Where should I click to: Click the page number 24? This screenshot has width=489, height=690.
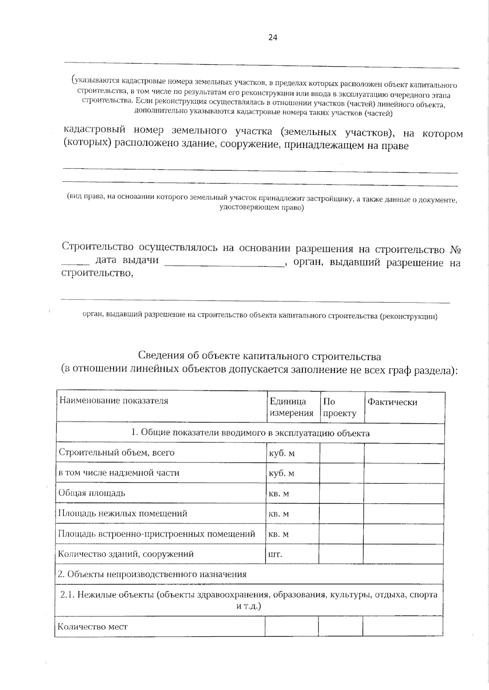click(x=273, y=37)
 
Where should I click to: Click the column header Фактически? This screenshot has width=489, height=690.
click(x=392, y=402)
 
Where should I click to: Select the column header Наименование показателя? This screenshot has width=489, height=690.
click(x=114, y=401)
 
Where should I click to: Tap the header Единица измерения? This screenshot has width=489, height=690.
click(x=291, y=407)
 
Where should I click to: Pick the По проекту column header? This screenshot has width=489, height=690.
click(x=339, y=407)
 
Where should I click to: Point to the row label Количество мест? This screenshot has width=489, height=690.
click(x=93, y=626)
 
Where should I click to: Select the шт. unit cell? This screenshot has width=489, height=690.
click(x=275, y=554)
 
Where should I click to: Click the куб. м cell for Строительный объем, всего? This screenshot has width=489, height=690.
click(x=282, y=453)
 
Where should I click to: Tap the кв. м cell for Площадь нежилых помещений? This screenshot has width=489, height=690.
click(x=279, y=514)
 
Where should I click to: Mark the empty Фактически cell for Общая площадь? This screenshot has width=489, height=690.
click(x=403, y=493)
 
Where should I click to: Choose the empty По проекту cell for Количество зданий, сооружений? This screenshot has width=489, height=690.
click(x=341, y=554)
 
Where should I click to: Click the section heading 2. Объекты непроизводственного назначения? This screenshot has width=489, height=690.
click(x=152, y=574)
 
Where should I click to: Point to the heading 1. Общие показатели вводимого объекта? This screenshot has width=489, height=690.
click(x=250, y=433)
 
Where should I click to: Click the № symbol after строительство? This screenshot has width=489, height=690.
click(x=455, y=249)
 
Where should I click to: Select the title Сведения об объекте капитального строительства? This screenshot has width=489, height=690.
click(x=260, y=356)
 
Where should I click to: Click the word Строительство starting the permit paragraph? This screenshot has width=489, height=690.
click(x=97, y=247)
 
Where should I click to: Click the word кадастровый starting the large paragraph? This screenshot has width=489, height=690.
click(x=95, y=130)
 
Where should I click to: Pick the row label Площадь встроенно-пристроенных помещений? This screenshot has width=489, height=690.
click(x=156, y=534)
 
